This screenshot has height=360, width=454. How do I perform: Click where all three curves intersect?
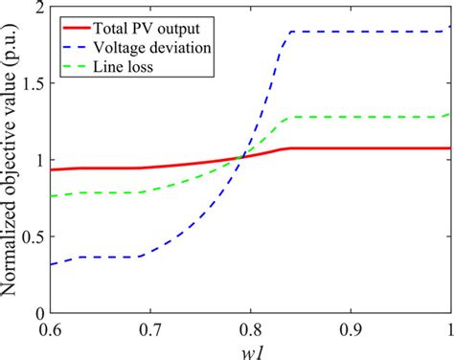coord(244,157)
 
